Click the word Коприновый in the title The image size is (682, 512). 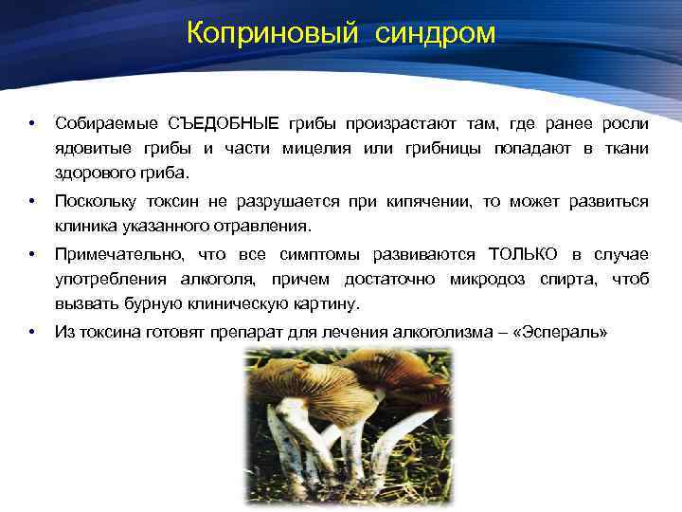click(x=273, y=33)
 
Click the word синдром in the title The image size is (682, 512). click(x=435, y=33)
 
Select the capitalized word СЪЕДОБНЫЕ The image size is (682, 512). click(x=224, y=124)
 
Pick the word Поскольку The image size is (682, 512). click(x=97, y=202)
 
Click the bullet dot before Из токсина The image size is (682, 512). click(x=32, y=333)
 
